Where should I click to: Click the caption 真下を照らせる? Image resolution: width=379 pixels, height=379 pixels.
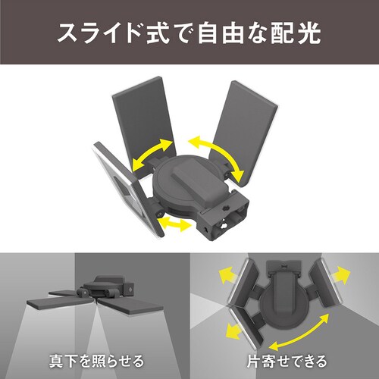point(95,357)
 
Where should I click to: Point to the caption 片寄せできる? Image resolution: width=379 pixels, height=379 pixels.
point(283,357)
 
